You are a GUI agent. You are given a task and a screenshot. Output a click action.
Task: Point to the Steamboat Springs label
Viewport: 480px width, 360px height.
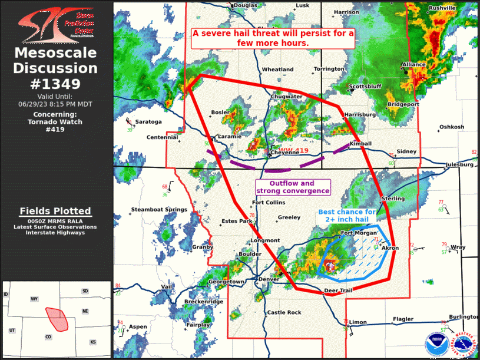158,210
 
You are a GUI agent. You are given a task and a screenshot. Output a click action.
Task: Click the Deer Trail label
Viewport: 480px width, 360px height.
337,291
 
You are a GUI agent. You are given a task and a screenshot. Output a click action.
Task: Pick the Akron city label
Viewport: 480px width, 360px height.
390,248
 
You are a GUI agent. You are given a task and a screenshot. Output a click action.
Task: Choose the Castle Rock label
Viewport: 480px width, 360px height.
284,312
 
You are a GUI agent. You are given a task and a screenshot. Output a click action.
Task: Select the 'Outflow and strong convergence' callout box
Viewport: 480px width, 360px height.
293,187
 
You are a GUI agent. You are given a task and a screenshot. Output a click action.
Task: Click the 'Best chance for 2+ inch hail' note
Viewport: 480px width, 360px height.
347,216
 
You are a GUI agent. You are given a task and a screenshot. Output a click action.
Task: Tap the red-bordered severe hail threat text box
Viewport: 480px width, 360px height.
273,38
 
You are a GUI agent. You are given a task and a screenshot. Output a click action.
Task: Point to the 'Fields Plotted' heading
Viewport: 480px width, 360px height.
55,211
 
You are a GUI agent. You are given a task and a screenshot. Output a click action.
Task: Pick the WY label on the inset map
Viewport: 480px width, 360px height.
34,299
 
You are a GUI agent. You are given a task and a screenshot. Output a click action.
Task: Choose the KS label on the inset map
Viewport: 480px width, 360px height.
92,342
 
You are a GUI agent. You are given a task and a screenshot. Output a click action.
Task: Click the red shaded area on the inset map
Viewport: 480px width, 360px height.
57,318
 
